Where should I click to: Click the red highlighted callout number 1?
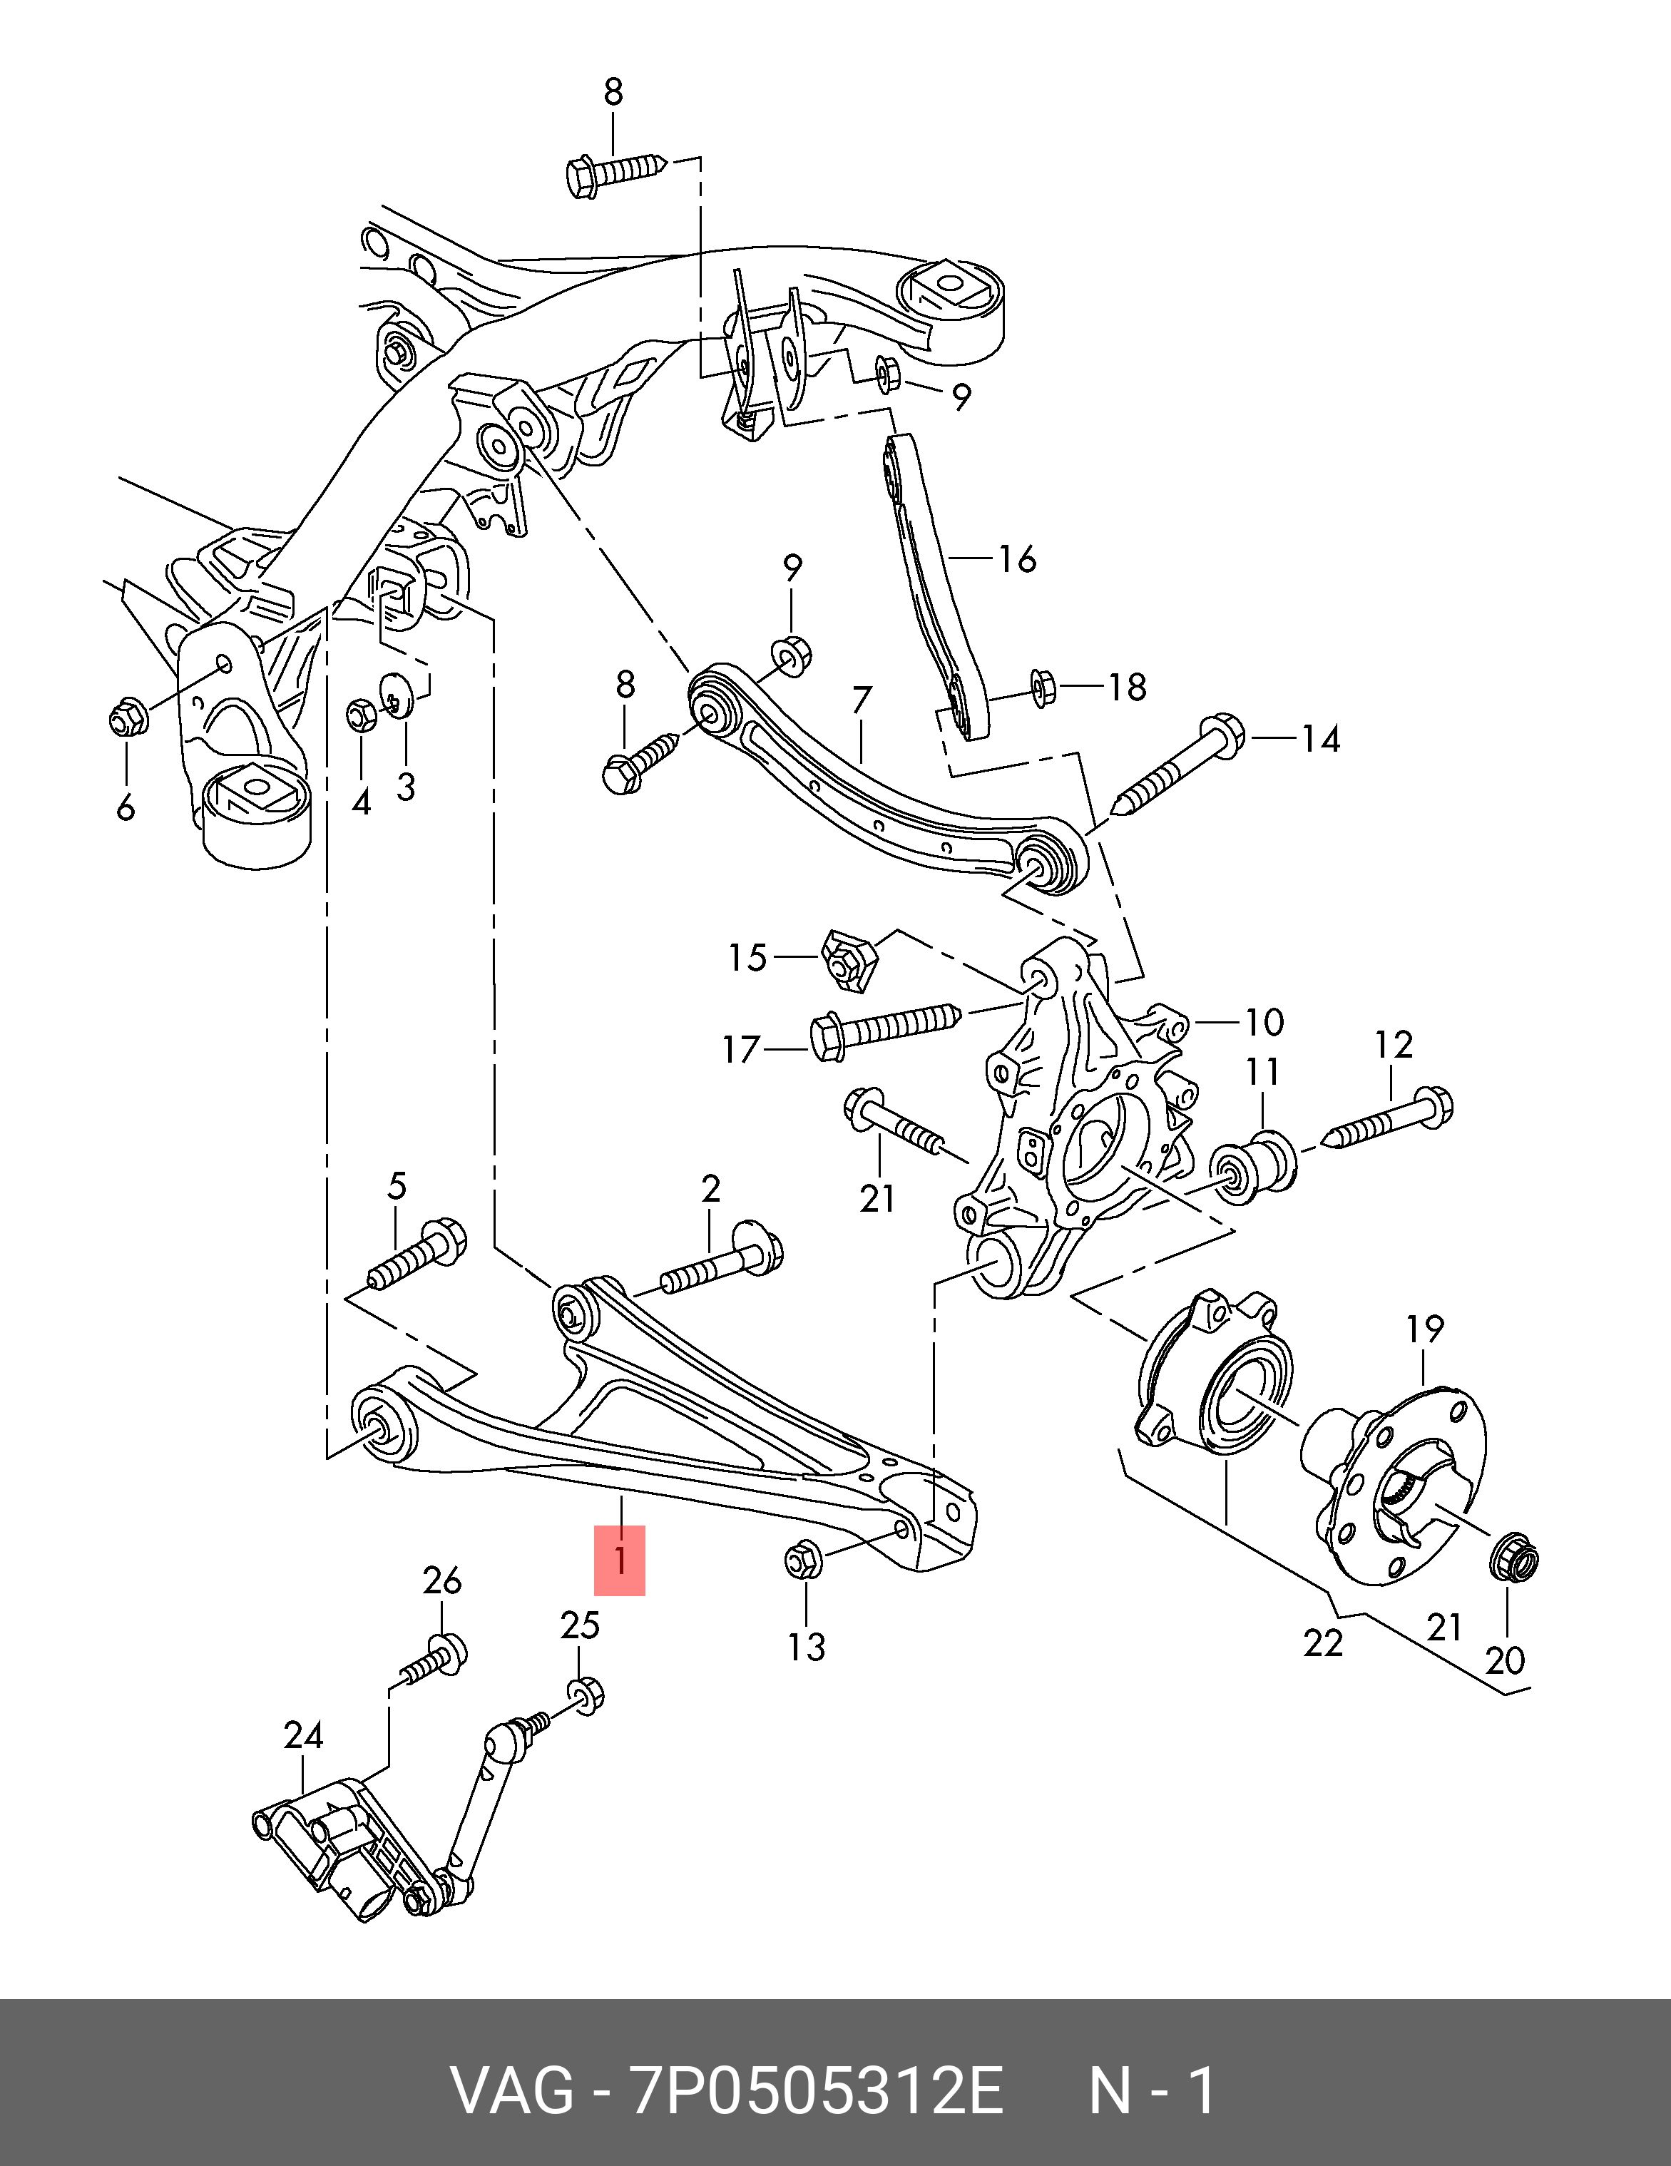click(x=620, y=1560)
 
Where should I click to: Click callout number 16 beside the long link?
click(x=1016, y=559)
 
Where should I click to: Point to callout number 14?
click(x=1320, y=739)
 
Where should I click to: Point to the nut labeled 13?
click(x=802, y=1560)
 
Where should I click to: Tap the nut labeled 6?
click(x=127, y=716)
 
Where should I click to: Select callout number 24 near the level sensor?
click(x=303, y=1735)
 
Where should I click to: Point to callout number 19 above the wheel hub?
click(x=1425, y=1328)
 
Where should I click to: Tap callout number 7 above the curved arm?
click(x=861, y=701)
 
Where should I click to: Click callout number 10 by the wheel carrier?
click(x=1264, y=1021)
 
